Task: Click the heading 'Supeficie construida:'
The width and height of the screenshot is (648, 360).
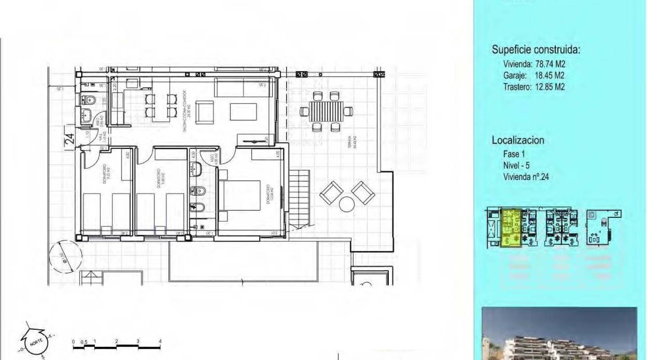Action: (x=536, y=50)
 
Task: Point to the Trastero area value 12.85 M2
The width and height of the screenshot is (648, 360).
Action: (x=549, y=87)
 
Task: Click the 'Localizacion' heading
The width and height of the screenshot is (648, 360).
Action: (x=518, y=140)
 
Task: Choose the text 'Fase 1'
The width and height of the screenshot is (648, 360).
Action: (x=514, y=154)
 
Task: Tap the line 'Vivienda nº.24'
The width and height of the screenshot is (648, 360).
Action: (x=526, y=177)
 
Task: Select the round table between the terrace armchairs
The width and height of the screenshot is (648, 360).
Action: (x=347, y=204)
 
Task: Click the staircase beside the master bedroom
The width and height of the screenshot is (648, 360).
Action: (x=299, y=198)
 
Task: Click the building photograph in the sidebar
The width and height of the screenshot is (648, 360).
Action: (x=559, y=333)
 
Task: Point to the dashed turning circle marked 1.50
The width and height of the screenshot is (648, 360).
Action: (x=66, y=257)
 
